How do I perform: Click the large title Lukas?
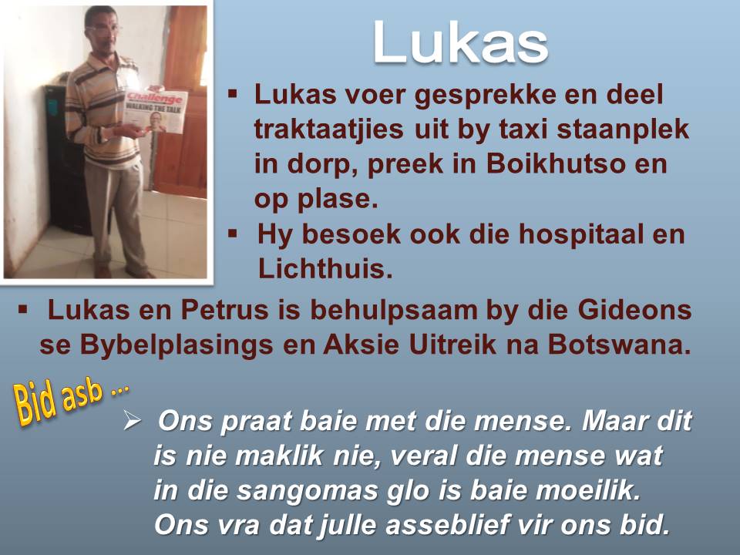tap(460, 43)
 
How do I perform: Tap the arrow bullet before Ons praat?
tap(131, 421)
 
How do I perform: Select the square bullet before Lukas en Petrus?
tap(23, 309)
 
